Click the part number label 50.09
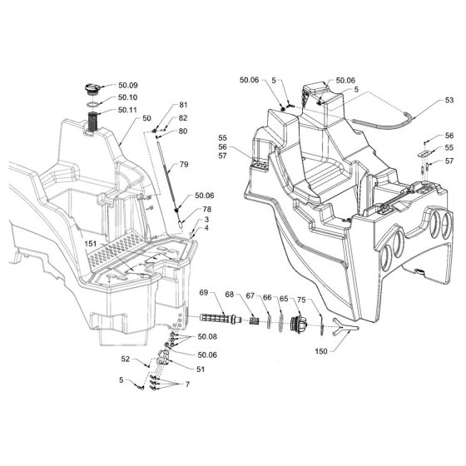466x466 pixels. coord(128,85)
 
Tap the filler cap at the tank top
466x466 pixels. coord(92,89)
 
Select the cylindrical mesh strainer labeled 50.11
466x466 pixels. coord(92,122)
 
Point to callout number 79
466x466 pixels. coord(184,165)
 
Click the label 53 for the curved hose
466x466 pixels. coord(449,100)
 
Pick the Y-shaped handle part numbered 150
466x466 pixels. coord(345,326)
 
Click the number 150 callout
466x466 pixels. coord(321,351)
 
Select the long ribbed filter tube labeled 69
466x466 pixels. coord(221,319)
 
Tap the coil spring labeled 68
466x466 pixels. coord(254,320)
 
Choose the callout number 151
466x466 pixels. coord(91,244)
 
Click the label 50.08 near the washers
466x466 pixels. coord(207,337)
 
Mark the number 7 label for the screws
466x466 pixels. coord(187,384)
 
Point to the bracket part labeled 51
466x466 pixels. coord(163,358)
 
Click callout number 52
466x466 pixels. coord(126,359)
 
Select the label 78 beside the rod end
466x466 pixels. coord(207,209)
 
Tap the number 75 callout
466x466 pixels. coord(301,300)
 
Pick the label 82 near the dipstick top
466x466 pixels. coord(183,118)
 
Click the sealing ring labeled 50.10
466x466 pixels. coord(93,105)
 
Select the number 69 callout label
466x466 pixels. coord(204,293)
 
